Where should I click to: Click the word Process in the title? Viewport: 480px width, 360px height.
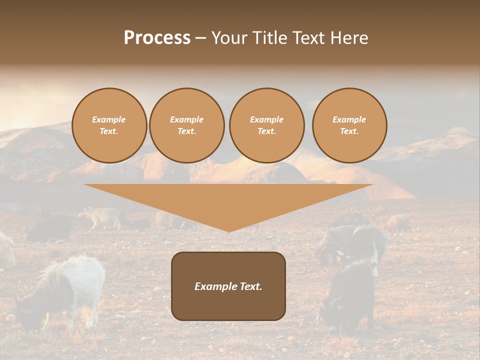[157, 38]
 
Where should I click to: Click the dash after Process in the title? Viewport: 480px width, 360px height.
[200, 38]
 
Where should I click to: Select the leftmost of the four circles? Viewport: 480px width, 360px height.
[109, 125]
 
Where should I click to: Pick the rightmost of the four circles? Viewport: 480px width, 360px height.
[349, 125]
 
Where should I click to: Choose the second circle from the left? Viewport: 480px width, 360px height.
[187, 125]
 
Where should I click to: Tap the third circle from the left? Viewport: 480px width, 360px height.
[267, 125]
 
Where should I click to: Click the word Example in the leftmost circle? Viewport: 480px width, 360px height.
[109, 119]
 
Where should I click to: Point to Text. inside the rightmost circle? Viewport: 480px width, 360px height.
[349, 131]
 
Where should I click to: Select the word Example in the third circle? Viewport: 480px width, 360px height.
[267, 119]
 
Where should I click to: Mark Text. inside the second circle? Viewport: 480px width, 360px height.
[187, 131]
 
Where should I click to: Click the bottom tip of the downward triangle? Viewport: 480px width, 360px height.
[229, 231]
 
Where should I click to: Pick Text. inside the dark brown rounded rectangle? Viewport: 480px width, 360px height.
[249, 286]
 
